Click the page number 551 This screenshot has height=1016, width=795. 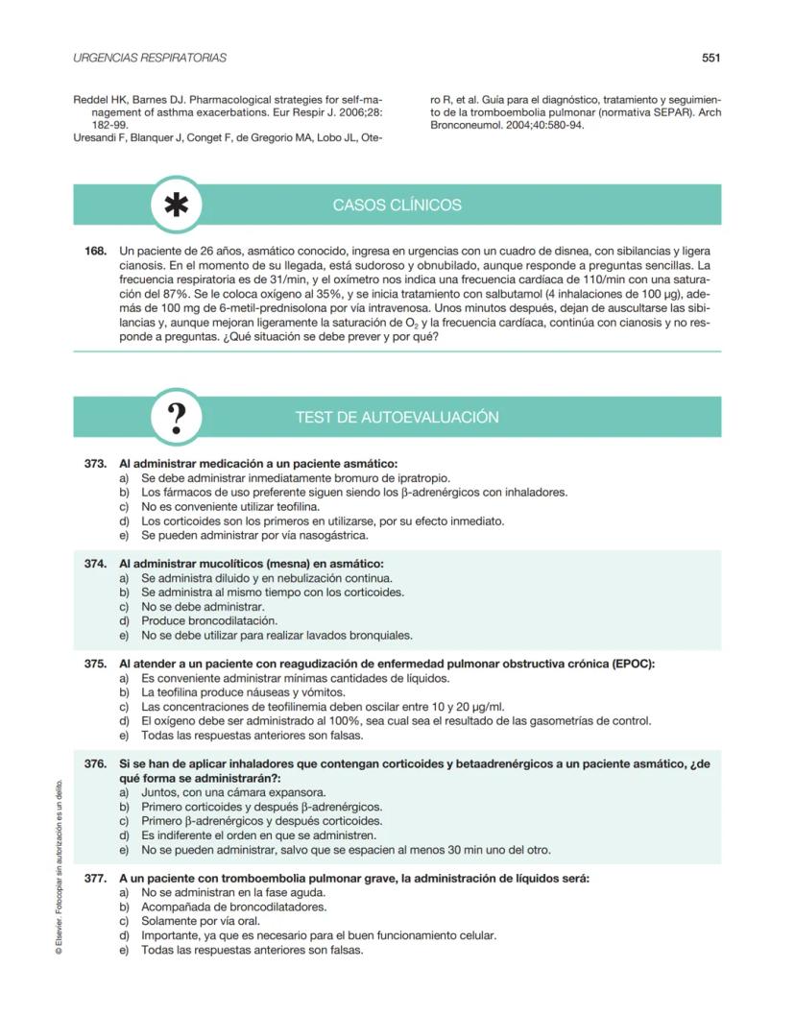click(x=711, y=58)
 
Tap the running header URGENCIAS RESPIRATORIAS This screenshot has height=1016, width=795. click(x=150, y=58)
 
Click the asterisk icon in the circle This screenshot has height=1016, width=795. click(x=177, y=206)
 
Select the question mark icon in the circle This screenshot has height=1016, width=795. click(x=177, y=418)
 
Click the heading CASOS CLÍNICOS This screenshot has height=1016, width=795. click(x=397, y=206)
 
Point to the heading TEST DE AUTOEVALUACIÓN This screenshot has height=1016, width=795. click(x=397, y=418)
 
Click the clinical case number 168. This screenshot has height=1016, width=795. click(x=95, y=250)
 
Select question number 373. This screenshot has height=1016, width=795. click(x=95, y=463)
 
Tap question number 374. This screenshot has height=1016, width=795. click(x=95, y=563)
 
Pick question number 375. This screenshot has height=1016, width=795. click(x=95, y=664)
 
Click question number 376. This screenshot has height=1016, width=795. click(x=95, y=763)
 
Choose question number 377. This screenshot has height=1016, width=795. click(x=95, y=878)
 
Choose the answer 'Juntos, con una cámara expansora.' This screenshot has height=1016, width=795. click(x=233, y=792)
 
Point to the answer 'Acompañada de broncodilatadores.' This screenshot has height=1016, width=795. click(x=233, y=907)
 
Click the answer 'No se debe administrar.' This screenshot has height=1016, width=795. click(x=203, y=606)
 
